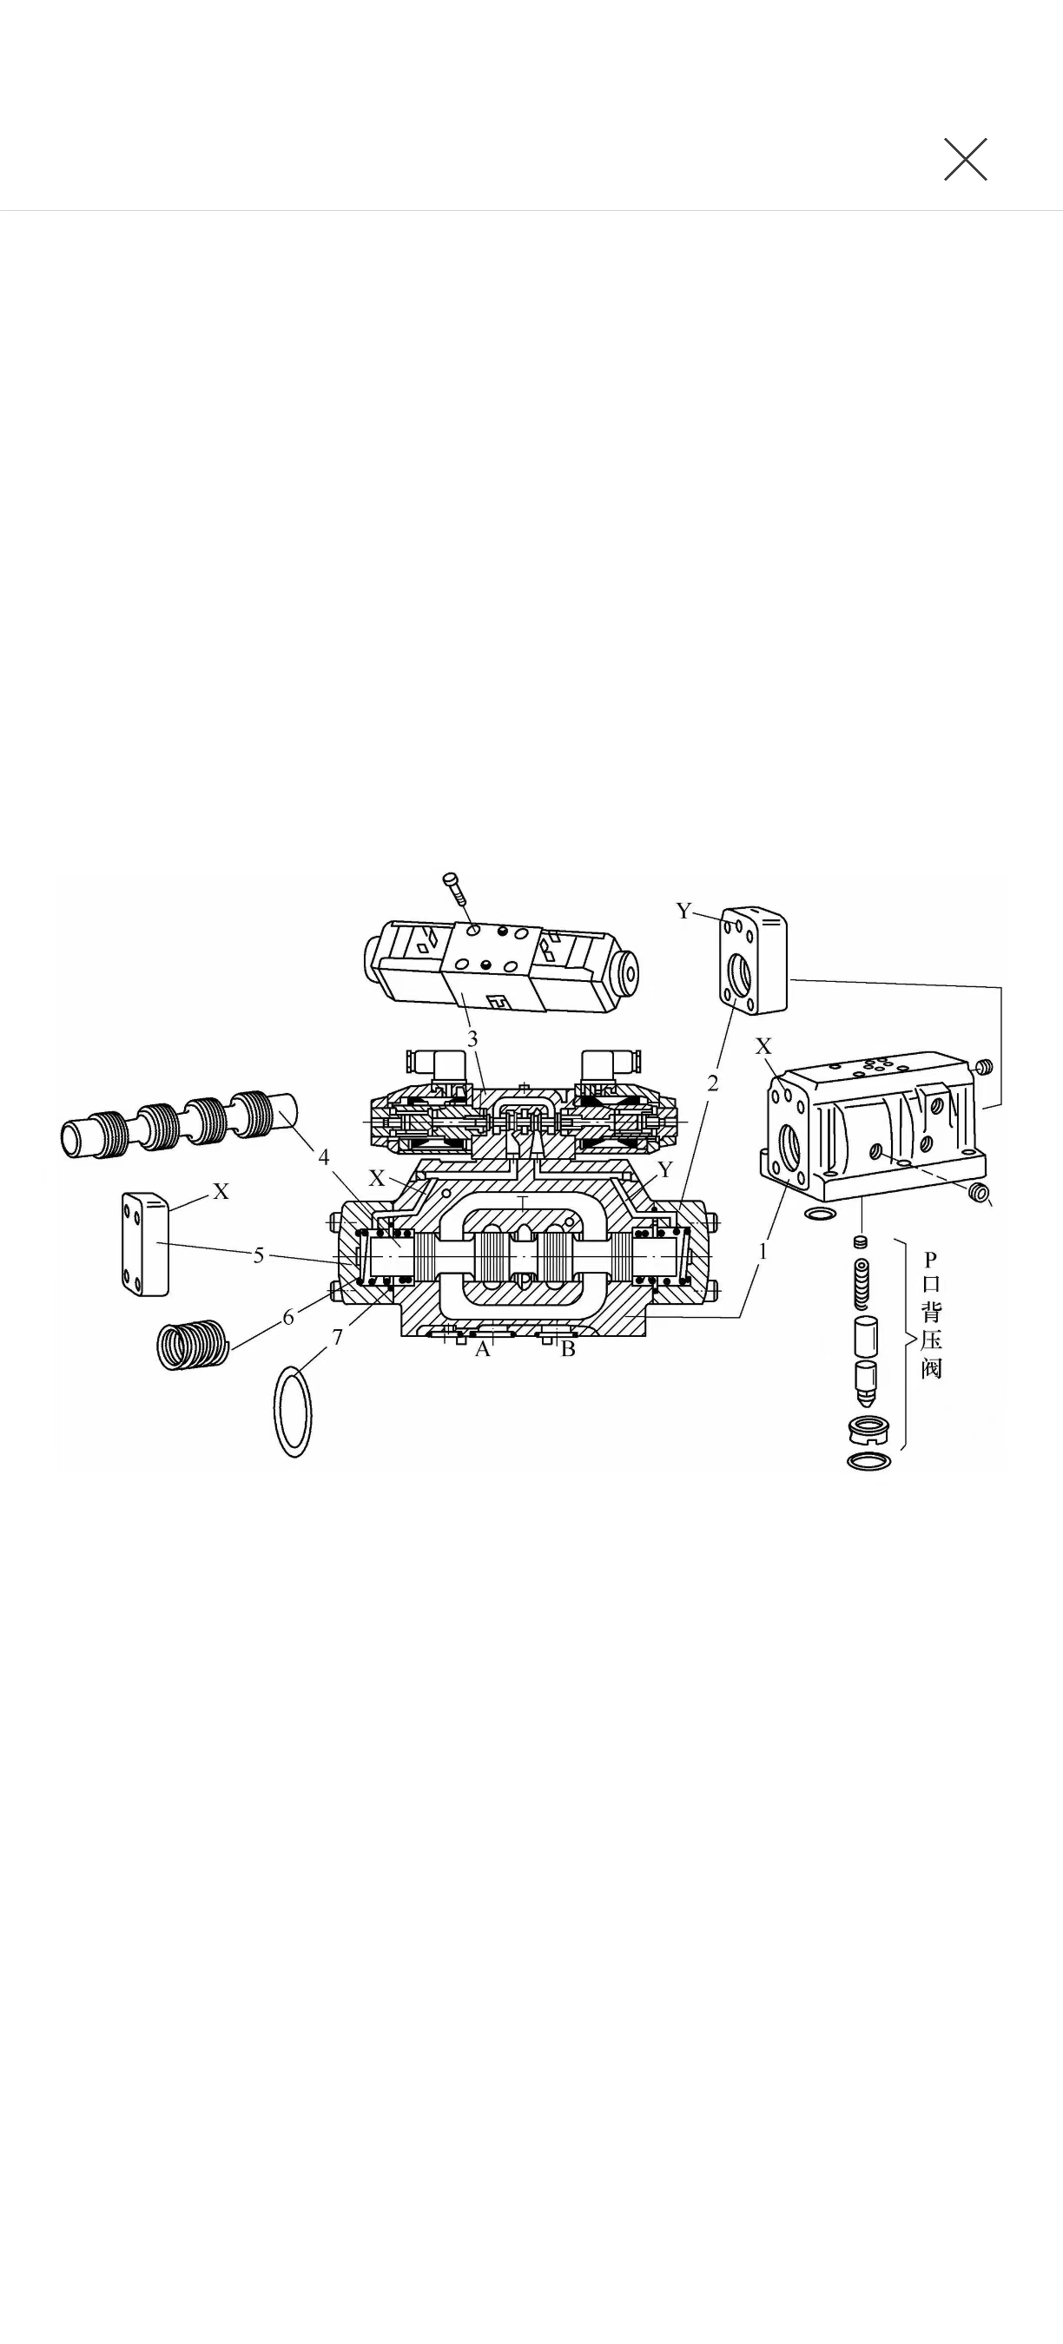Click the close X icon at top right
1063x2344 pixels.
tap(966, 159)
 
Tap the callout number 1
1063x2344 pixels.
tap(763, 1251)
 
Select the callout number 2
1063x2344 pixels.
tap(713, 1083)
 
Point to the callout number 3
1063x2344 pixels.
tap(472, 1038)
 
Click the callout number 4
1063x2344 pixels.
tap(323, 1156)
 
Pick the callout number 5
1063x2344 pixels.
tap(259, 1255)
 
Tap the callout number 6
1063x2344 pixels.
tap(288, 1317)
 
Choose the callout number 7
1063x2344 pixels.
tap(338, 1337)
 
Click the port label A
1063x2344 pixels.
tap(482, 1349)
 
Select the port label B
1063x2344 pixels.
tap(568, 1349)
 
